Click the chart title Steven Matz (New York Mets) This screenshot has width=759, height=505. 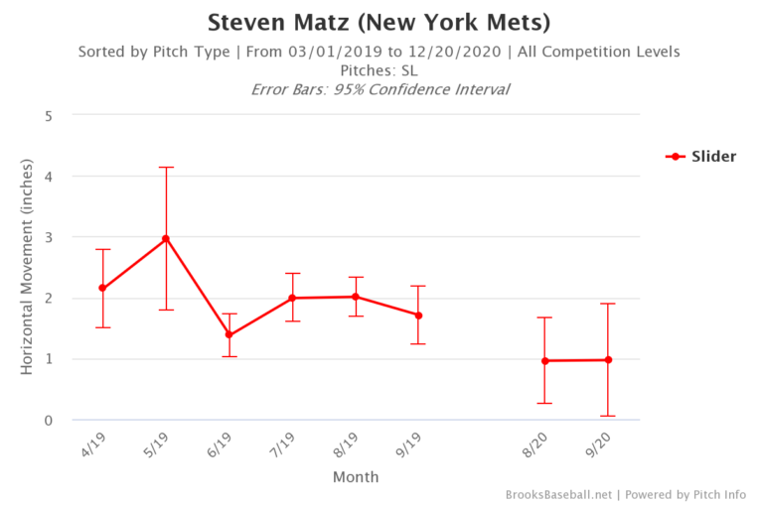379,22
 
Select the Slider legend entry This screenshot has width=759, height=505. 700,156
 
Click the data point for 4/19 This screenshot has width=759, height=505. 102,288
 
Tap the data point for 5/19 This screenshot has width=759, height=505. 166,238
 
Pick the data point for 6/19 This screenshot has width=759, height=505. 229,334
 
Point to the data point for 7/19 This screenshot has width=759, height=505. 293,298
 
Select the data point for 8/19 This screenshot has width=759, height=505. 356,297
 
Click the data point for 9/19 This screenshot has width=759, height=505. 419,316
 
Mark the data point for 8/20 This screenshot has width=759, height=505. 544,360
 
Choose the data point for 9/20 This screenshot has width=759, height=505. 608,359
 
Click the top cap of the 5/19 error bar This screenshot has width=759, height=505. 166,168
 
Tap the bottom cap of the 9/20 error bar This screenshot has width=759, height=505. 608,416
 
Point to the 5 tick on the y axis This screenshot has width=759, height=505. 48,115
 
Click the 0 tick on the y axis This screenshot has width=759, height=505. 48,421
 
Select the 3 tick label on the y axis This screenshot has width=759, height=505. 48,237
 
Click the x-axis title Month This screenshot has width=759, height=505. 355,477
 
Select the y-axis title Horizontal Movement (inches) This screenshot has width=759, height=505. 27,268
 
